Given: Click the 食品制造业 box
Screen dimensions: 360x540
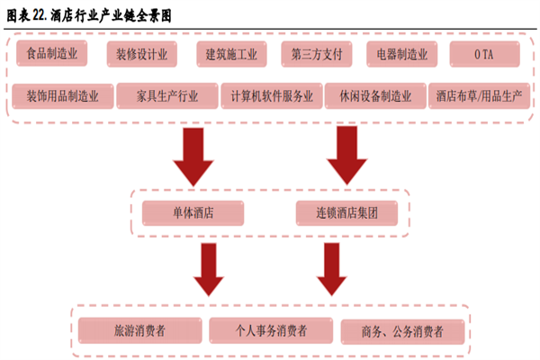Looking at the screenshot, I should point(53,55).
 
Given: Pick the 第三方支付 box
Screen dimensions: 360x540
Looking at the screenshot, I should point(314,55).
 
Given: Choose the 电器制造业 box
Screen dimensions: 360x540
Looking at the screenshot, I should point(401,55).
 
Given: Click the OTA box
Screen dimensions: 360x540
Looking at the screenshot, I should point(484,55).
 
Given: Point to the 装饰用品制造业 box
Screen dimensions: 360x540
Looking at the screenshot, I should point(62,95).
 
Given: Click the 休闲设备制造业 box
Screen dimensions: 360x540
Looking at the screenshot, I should point(376,95).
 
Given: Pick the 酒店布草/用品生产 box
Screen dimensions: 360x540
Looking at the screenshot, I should point(476,95).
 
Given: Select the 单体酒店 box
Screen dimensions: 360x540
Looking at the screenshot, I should point(192,213).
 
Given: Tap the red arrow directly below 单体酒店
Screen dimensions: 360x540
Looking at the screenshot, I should point(208,268).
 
